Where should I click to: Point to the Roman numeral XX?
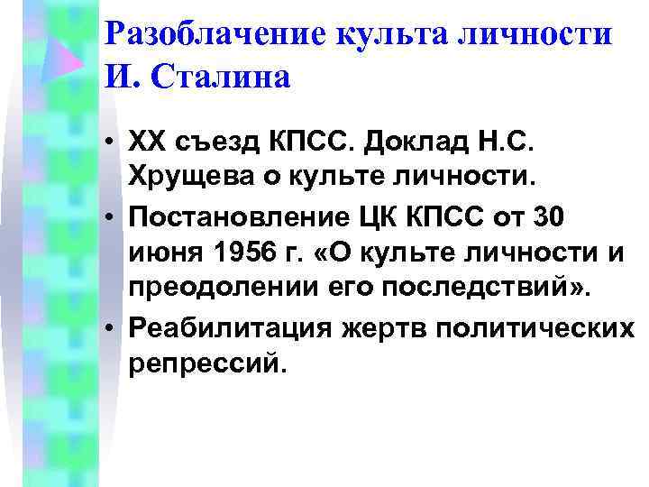(145, 142)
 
